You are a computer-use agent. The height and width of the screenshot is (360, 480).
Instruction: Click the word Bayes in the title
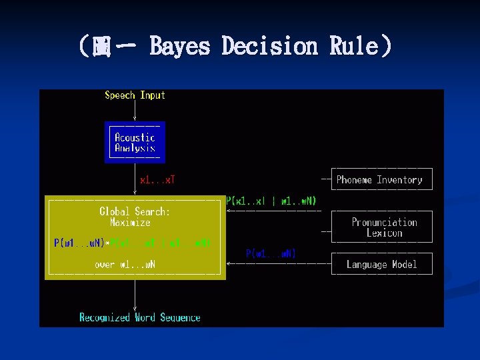coord(179,46)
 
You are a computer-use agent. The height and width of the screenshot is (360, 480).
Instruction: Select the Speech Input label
coord(135,95)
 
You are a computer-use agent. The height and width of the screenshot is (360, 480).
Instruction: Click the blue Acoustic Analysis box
coord(135,143)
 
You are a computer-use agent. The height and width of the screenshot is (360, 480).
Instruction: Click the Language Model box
coord(382,265)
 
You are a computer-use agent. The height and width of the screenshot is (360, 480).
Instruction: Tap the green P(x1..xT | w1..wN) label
coord(271,201)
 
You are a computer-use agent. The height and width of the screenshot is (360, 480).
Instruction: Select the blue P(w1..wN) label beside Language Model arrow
coord(271,253)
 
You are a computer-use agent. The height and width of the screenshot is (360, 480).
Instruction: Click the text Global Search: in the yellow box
coord(135,211)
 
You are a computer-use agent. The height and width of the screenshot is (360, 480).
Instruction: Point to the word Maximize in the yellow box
coord(131,223)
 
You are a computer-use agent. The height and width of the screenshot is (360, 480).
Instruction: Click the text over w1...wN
coord(125,265)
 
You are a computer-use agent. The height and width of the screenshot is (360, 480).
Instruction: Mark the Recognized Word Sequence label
coord(140,317)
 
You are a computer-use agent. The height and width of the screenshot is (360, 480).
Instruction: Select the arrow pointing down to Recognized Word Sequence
coord(135,295)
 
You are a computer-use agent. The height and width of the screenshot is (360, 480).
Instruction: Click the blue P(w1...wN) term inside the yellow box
coord(79,243)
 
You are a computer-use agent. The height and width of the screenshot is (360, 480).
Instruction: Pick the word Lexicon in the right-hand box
coord(385,233)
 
